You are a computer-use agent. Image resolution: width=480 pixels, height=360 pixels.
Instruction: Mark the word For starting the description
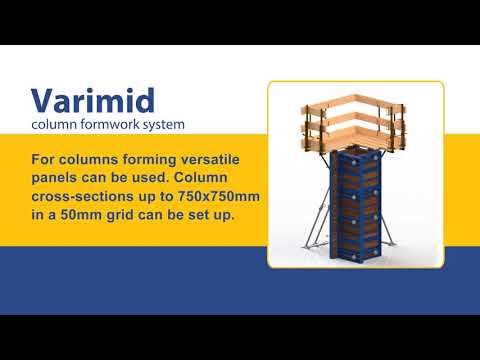pyautogui.click(x=46, y=159)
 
